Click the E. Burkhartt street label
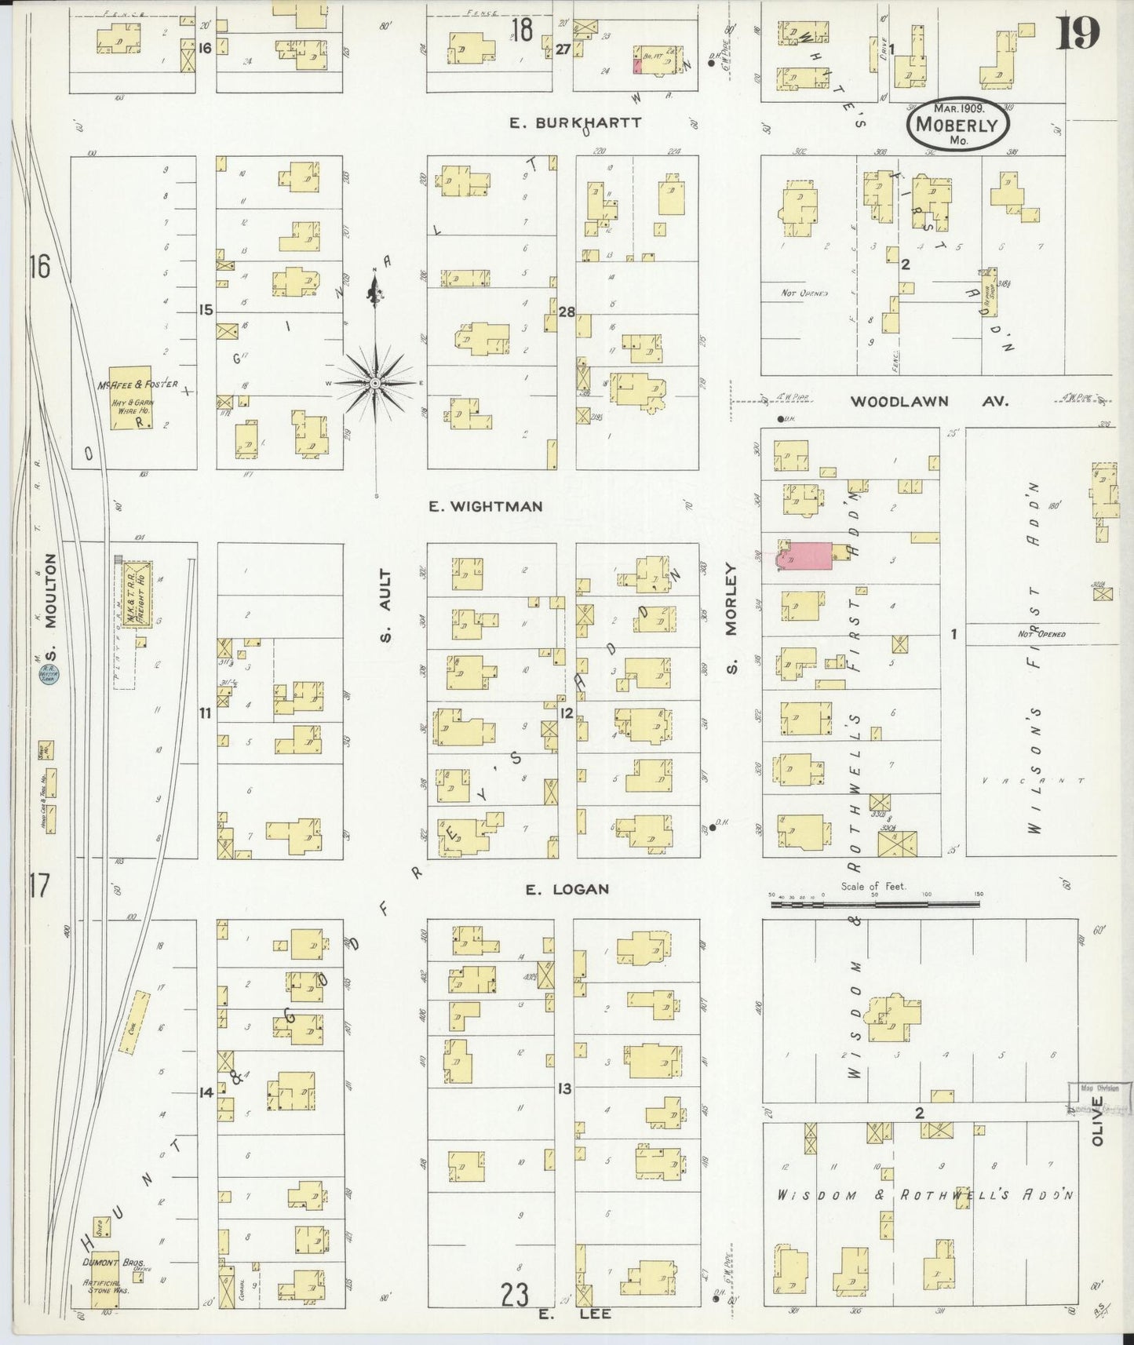(574, 122)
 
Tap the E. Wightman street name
(485, 506)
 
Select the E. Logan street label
(556, 889)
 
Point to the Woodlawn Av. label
(929, 401)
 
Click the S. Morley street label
(733, 621)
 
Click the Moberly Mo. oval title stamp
(957, 126)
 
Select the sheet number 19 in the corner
(1077, 33)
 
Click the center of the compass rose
(376, 382)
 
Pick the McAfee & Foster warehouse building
(129, 397)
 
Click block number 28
(566, 312)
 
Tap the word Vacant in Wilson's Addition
(1033, 781)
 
